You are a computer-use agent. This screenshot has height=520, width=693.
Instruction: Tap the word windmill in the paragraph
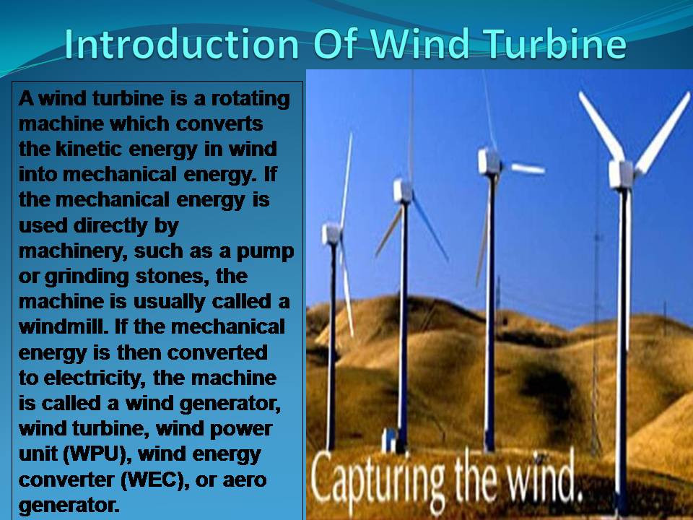(58, 327)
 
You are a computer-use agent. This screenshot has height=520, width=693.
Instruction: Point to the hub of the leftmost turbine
(333, 233)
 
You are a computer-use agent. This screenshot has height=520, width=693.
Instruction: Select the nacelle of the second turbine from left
(403, 191)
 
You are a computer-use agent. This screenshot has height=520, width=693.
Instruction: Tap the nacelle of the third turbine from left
(489, 161)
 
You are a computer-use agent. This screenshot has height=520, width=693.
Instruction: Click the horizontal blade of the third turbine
(527, 169)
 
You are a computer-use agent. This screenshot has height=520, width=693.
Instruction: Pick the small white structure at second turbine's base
(391, 438)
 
